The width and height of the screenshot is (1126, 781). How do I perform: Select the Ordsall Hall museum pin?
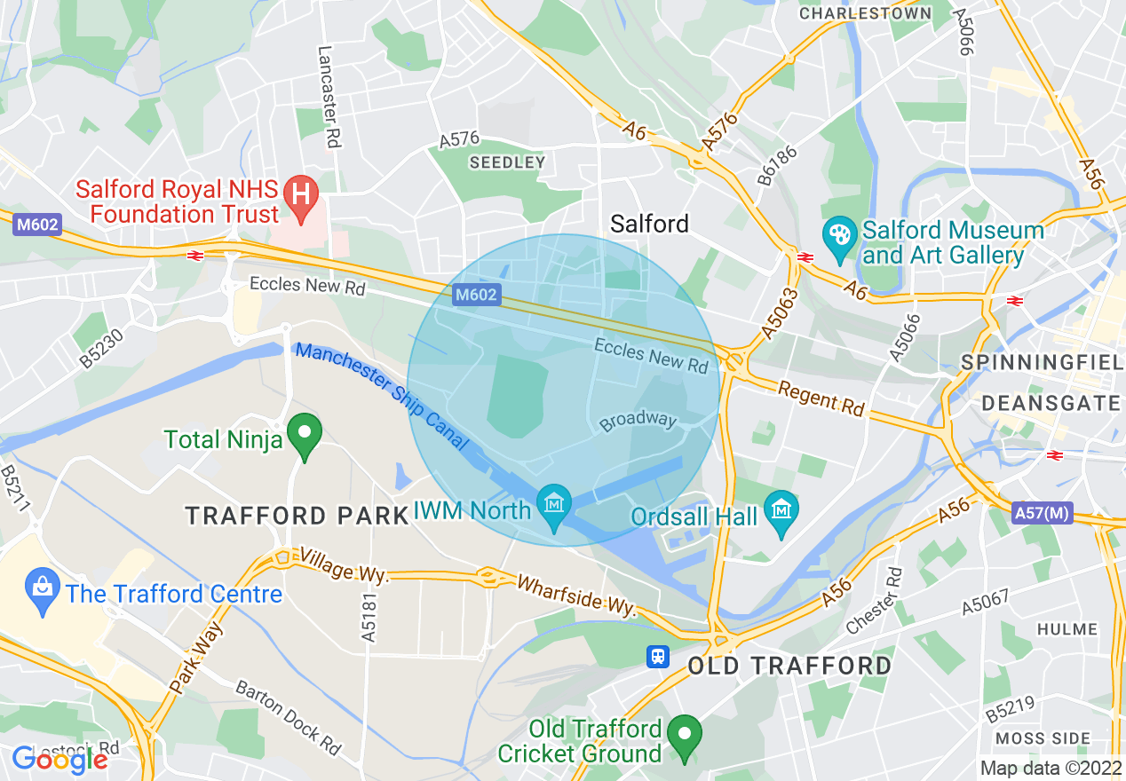click(781, 511)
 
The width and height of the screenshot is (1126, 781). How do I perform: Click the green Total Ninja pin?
click(306, 435)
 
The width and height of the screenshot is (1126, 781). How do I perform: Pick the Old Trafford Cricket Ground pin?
click(684, 736)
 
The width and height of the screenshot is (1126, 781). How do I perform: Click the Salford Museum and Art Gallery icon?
click(838, 237)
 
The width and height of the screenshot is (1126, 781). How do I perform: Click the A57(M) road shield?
click(1043, 513)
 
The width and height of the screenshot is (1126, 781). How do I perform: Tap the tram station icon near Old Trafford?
click(658, 655)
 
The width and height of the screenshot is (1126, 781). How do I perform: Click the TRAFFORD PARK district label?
click(295, 515)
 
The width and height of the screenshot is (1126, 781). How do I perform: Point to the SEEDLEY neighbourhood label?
click(507, 162)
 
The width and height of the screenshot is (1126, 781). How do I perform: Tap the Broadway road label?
click(638, 422)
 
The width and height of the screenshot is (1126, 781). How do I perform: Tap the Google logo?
click(59, 759)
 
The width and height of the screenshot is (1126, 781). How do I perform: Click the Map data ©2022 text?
click(1050, 768)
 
